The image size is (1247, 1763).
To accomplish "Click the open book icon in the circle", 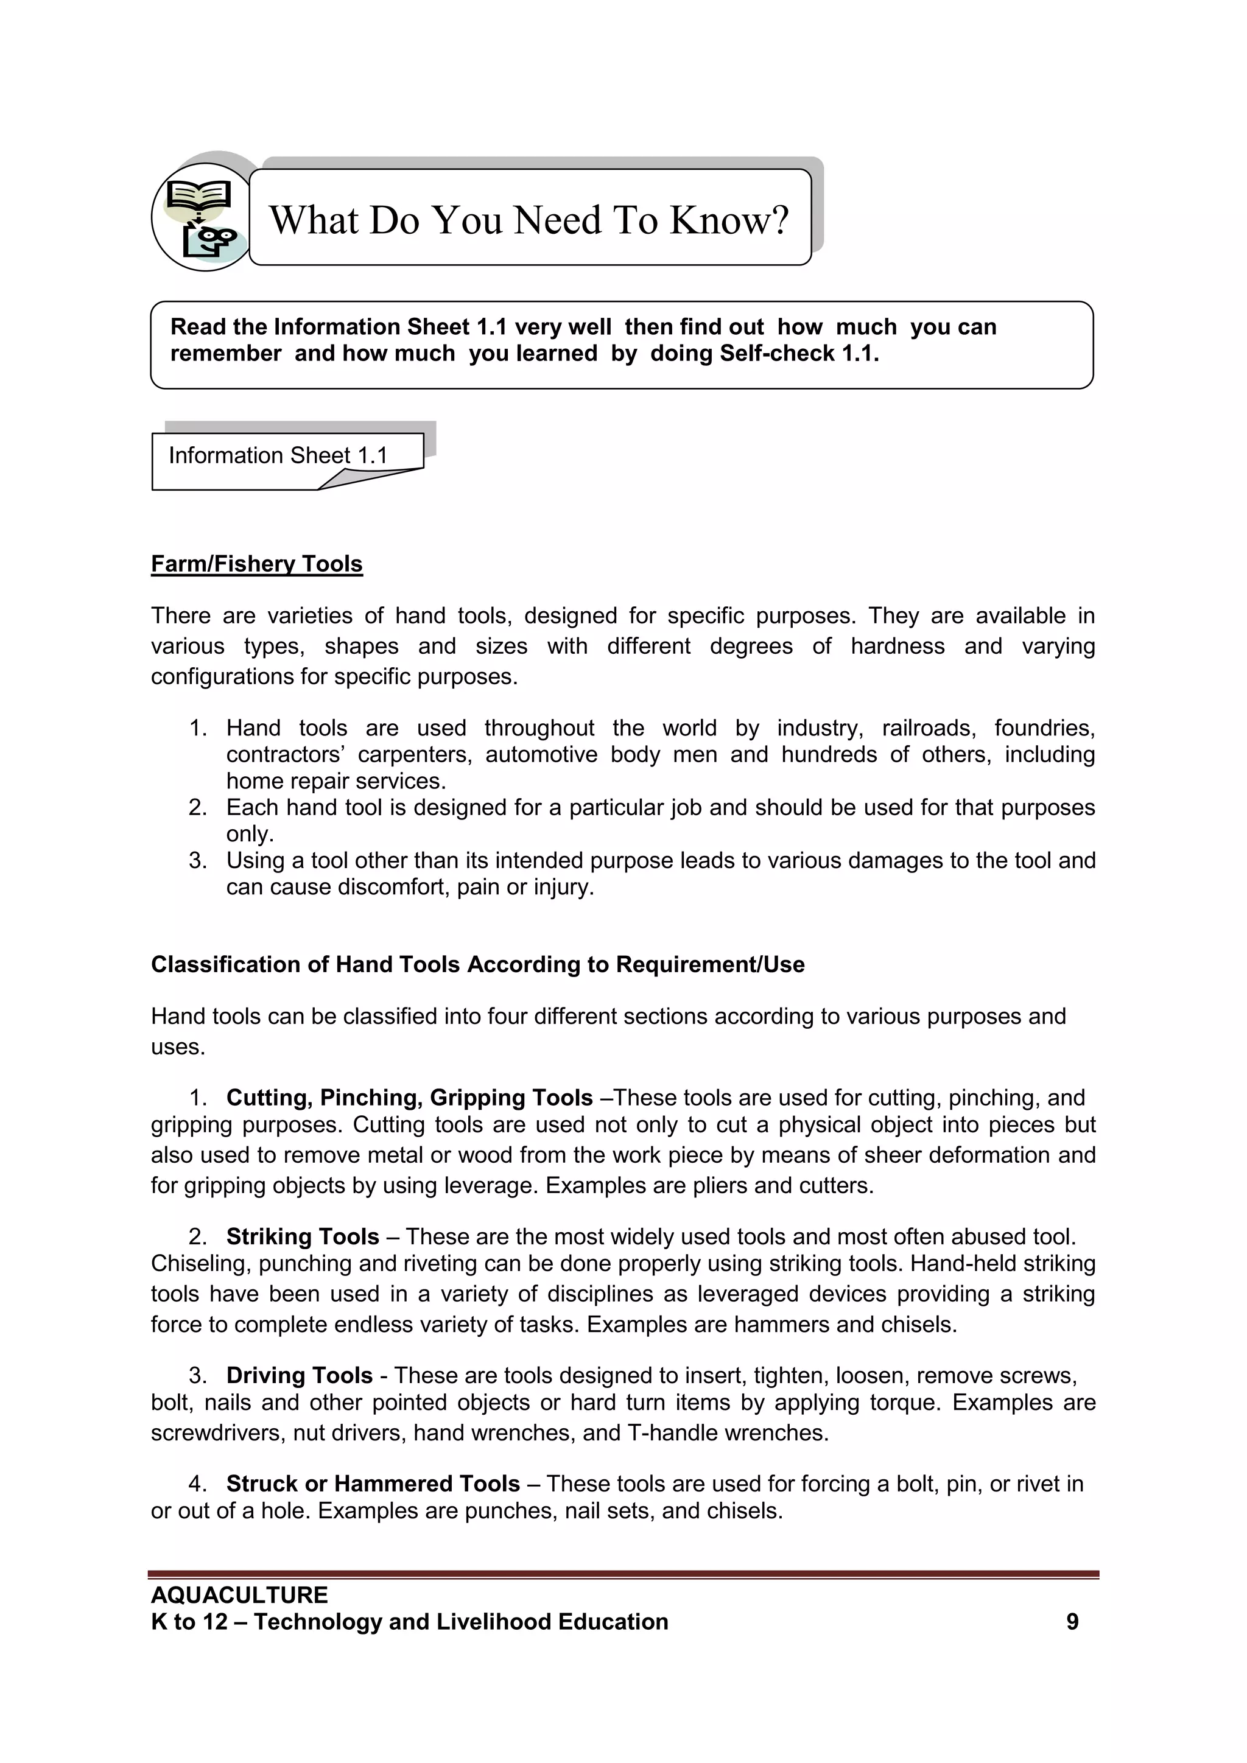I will point(198,195).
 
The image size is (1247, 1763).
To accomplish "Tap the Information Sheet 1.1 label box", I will point(278,456).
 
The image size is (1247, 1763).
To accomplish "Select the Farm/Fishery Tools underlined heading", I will point(256,564).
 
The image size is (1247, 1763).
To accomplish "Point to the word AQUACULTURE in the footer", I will point(239,1595).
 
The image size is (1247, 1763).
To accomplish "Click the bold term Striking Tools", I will point(303,1237).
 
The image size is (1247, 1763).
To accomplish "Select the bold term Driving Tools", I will point(300,1375).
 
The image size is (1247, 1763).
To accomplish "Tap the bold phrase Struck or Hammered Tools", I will point(373,1484).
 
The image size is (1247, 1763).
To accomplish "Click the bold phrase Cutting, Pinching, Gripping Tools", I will point(409,1098).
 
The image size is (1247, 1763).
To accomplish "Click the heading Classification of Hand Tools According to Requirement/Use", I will point(477,964).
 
